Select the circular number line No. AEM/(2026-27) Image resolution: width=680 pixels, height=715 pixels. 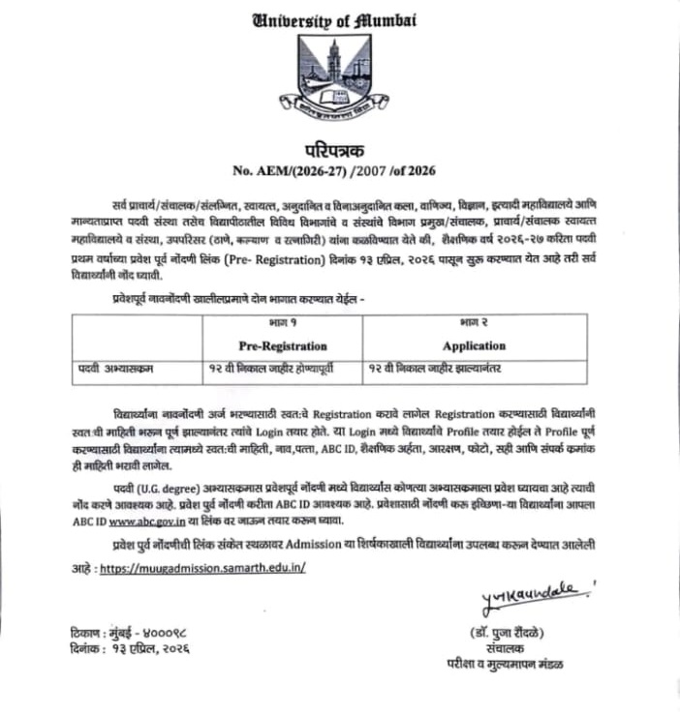click(333, 171)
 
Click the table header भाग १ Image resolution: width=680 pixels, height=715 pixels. click(282, 321)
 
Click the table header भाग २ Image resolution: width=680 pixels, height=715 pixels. click(474, 321)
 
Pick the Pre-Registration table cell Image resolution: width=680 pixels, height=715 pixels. click(282, 345)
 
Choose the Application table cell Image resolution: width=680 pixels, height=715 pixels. click(474, 345)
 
